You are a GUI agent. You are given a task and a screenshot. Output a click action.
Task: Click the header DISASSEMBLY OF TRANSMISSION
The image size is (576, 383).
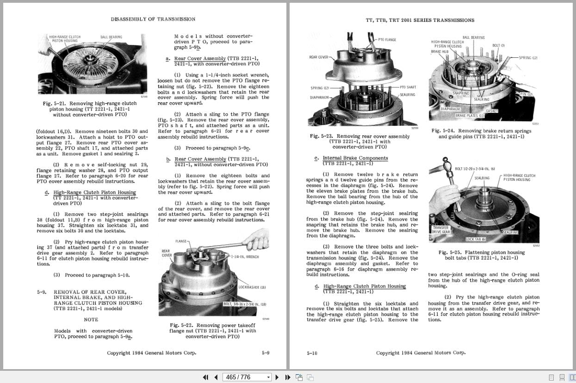point(153,19)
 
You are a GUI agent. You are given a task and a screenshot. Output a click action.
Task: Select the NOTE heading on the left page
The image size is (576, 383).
point(91,320)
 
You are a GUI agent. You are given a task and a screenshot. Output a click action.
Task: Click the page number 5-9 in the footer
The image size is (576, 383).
point(266,353)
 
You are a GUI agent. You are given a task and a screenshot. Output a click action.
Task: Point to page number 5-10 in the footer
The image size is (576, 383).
point(312,353)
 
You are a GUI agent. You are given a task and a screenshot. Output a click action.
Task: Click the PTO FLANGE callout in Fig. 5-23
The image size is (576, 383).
point(387,40)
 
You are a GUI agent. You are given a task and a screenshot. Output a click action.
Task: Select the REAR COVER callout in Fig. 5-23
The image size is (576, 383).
point(318,57)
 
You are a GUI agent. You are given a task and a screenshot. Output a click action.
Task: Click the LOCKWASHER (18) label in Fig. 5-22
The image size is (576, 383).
point(252,287)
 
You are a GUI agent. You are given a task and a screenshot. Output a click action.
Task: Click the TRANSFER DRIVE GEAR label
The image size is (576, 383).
point(440,230)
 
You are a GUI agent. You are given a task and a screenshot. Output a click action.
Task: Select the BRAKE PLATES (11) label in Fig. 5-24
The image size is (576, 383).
point(470,116)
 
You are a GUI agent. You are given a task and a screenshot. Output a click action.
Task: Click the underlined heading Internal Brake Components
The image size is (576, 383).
point(355,158)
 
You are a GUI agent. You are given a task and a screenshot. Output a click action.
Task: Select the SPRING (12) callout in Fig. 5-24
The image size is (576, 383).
point(528,58)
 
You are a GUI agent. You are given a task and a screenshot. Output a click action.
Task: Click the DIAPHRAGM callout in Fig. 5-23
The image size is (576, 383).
point(319,98)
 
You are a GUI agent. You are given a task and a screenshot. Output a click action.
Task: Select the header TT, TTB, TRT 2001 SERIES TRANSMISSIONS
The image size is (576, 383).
point(420,20)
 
